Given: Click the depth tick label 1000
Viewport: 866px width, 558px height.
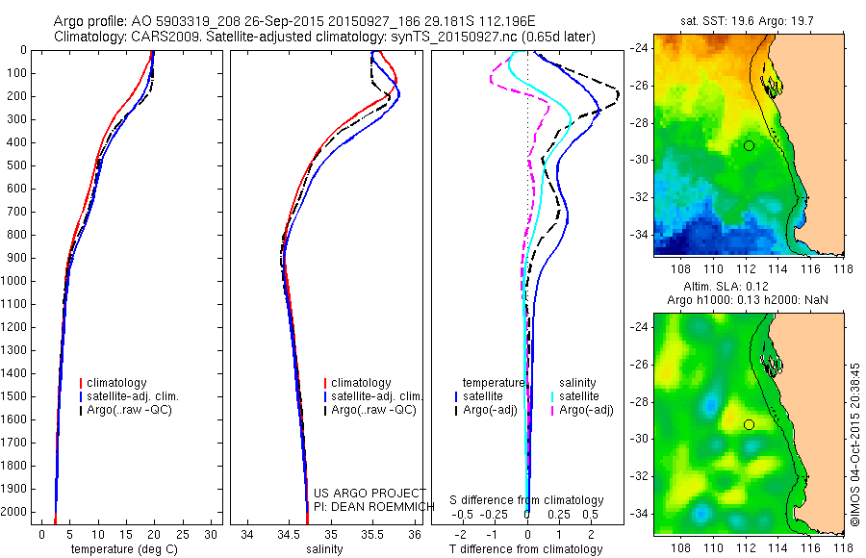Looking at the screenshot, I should (x=15, y=281).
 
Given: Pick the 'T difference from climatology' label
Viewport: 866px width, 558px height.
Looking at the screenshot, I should (x=527, y=549).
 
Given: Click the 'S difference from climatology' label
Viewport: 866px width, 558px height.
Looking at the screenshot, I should (x=527, y=500).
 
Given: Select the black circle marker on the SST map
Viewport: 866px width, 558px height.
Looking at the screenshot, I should (x=749, y=145).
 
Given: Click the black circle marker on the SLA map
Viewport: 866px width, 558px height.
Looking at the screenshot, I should (x=749, y=424).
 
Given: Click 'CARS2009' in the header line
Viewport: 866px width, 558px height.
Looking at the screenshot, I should (x=154, y=37).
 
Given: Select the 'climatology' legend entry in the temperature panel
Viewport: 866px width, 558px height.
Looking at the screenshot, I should (x=120, y=383).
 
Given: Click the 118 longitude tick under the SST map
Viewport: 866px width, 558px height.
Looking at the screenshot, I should (x=844, y=270).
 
